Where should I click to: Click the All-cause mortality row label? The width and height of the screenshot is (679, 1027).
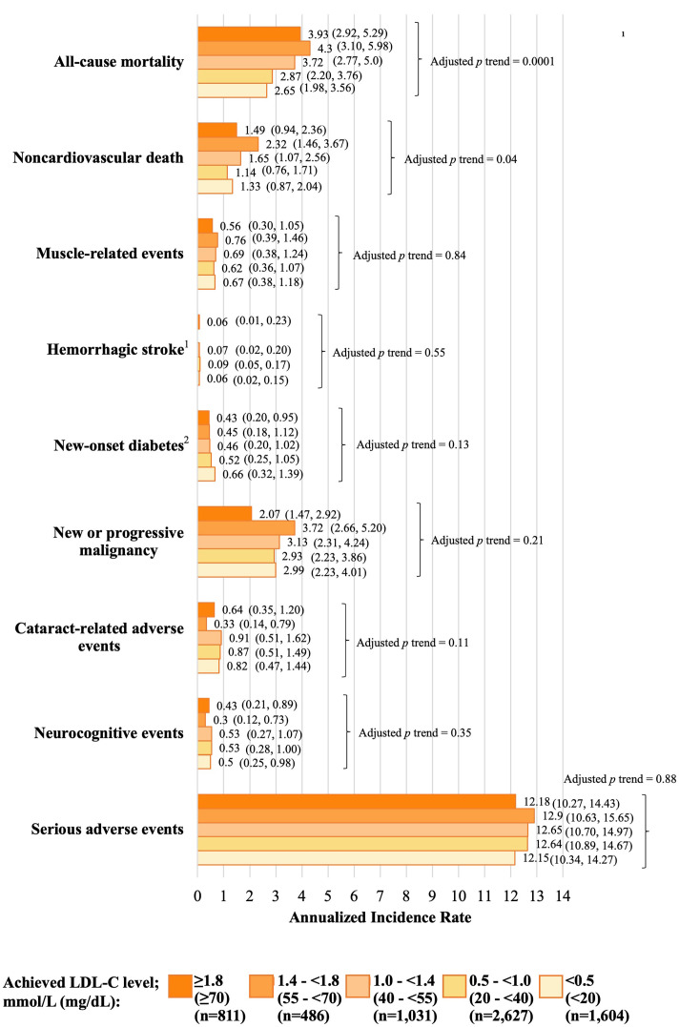pos(118,62)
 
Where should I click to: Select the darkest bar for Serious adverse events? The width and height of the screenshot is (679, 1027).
pos(357,802)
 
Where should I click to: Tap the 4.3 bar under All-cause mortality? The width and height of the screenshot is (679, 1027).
pos(254,48)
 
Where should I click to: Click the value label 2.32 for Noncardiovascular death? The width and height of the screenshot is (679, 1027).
pos(276,144)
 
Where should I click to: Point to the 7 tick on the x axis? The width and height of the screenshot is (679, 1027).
pos(380,896)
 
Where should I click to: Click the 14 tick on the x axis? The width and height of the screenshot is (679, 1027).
pos(563,896)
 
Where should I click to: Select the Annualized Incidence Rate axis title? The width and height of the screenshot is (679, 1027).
pos(380,917)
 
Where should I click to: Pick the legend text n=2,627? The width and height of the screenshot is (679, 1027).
pos(501,1016)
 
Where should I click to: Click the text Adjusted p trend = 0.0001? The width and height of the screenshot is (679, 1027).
pos(492,62)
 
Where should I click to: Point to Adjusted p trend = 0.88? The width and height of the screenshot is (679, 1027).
pos(620,779)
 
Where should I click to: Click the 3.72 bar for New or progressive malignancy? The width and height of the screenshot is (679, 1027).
pos(246,528)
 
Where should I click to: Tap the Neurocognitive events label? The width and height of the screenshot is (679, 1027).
pos(109,733)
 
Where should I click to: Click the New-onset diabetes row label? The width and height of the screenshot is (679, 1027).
pos(121,444)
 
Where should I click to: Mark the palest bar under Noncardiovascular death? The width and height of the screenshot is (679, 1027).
pos(215,187)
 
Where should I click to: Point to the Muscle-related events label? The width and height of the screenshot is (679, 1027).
pos(110,254)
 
